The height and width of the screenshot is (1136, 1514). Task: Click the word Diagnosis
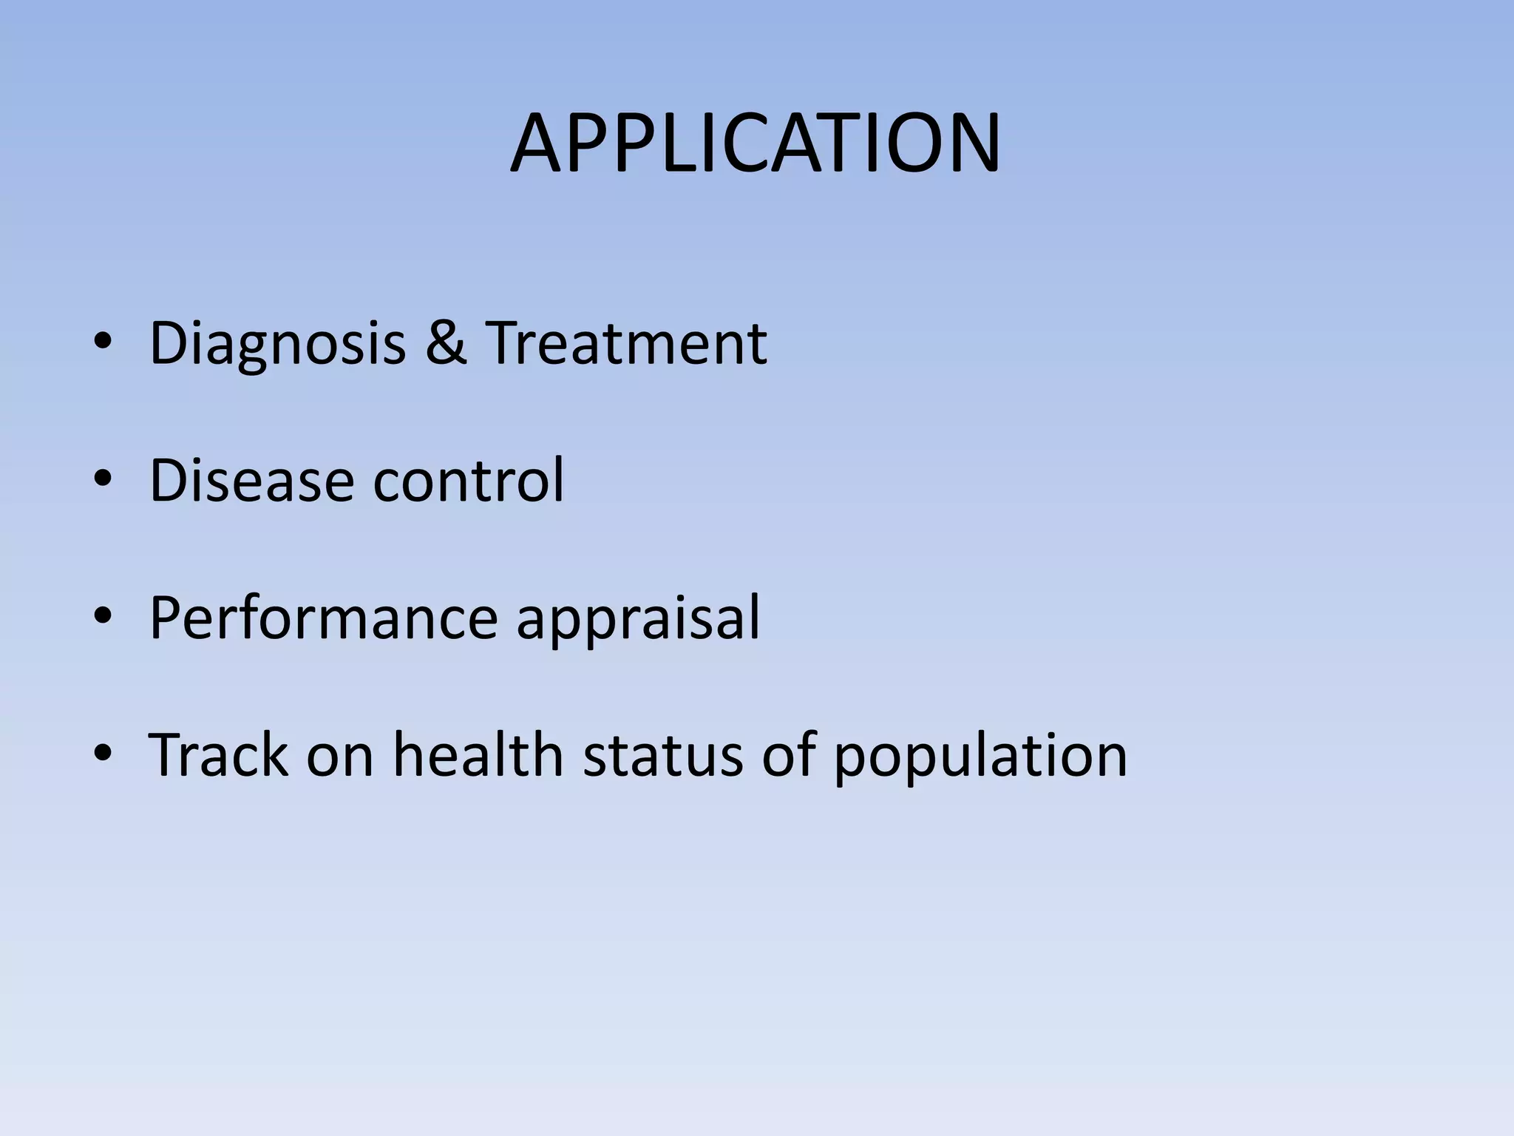point(277,343)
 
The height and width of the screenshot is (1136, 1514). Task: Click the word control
point(468,480)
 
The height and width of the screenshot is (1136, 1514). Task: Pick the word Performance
point(324,618)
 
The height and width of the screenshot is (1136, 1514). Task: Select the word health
point(478,755)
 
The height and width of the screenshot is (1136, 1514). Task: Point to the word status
point(662,755)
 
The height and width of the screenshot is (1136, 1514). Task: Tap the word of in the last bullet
point(788,755)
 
